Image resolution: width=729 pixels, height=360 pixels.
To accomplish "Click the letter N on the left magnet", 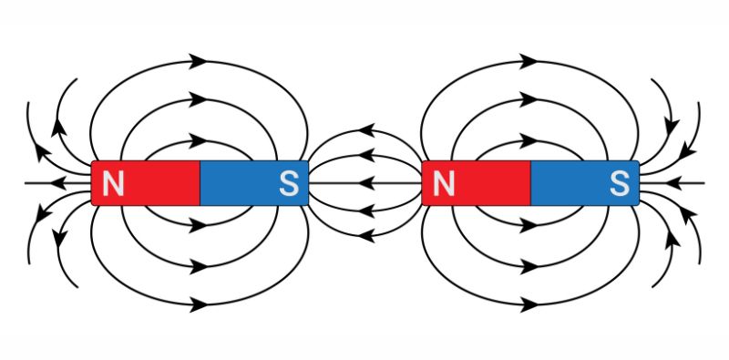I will click(x=113, y=184).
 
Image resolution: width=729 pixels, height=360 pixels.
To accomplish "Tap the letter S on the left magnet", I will click(x=288, y=184).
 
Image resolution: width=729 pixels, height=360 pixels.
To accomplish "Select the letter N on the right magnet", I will click(x=444, y=184).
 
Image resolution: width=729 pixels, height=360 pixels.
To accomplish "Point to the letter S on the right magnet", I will click(x=620, y=184).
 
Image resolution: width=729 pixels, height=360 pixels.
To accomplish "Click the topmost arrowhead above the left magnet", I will click(x=198, y=61).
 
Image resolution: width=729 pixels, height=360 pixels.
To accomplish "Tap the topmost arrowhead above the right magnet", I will click(x=529, y=61).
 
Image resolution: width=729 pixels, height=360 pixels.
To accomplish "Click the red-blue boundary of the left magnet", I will click(x=200, y=183).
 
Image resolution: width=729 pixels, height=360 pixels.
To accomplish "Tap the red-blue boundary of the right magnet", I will click(x=530, y=183).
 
